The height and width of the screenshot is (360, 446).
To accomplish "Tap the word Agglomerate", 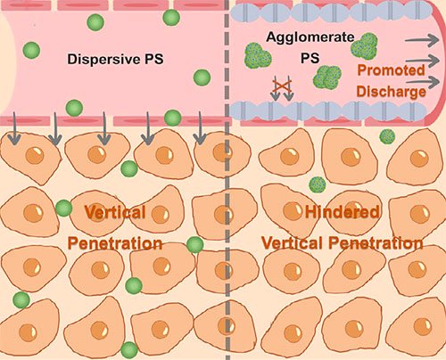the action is [x=310, y=37].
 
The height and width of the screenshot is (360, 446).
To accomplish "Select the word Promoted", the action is [x=391, y=70].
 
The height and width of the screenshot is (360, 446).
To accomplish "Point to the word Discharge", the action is [x=391, y=92].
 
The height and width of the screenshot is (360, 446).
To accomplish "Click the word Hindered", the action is [x=343, y=212].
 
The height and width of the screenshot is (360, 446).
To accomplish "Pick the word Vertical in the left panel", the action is [x=115, y=212].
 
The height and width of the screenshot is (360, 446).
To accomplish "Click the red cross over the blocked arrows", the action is [x=282, y=86].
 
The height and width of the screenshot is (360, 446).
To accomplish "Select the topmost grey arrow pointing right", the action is [x=422, y=40].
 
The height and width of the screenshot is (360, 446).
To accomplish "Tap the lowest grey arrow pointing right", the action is [x=423, y=82].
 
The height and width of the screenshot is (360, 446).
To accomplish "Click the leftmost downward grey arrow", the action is [x=13, y=128].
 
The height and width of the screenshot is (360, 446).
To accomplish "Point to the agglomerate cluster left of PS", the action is [x=258, y=55].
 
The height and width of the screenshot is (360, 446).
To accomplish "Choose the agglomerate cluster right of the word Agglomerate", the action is [x=365, y=46].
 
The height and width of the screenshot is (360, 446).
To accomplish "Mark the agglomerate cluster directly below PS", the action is [x=327, y=78].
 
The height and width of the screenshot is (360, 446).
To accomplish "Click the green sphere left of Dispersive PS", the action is [x=31, y=50].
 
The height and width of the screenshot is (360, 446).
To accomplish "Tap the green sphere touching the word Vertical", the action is [x=64, y=209].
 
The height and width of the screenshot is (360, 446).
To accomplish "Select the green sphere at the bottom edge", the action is [x=129, y=350].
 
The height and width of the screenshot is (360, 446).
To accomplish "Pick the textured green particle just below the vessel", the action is [x=387, y=136].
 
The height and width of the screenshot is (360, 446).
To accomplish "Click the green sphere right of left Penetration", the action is [x=195, y=245].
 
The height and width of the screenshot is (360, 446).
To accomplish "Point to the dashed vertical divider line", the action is [x=227, y=180].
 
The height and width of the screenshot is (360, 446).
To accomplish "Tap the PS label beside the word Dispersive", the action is [x=154, y=59].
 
